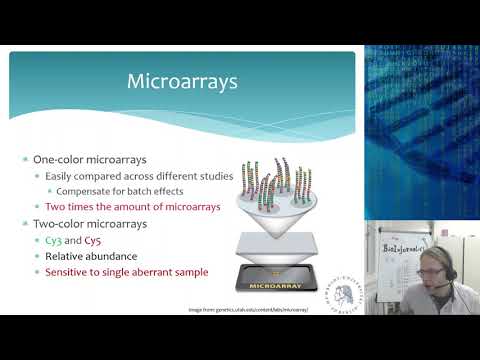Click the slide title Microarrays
(x=181, y=81)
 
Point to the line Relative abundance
(x=95, y=256)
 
